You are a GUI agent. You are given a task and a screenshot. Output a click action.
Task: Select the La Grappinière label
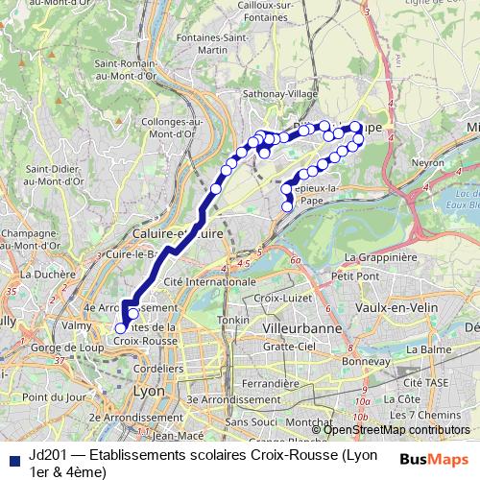pyautogui.click(x=380, y=257)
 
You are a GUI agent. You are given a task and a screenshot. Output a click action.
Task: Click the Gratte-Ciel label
pyautogui.click(x=289, y=346)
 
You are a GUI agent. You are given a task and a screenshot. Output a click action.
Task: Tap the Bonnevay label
pyautogui.click(x=358, y=361)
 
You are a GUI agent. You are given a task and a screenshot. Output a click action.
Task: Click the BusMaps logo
pyautogui.click(x=435, y=458)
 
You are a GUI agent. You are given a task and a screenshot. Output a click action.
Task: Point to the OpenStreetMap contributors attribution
pyautogui.click(x=396, y=429)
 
